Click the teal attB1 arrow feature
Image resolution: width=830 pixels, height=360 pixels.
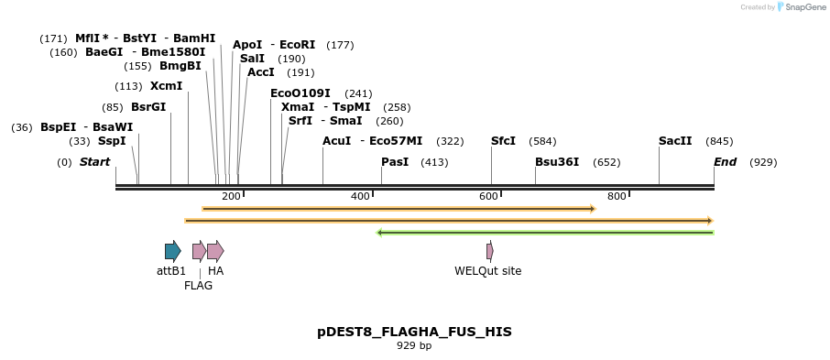(172, 251)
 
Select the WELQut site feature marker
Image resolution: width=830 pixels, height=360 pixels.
(490, 251)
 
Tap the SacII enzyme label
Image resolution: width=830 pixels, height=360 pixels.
(675, 141)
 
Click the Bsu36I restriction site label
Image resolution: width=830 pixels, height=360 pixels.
(557, 162)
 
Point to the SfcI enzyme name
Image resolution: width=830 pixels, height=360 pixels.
(503, 141)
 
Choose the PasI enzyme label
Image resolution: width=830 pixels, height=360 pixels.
(395, 162)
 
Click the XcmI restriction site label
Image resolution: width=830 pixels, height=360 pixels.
(166, 86)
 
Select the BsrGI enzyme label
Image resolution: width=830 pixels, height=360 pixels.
(148, 107)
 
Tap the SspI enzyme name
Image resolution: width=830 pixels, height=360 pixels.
(112, 141)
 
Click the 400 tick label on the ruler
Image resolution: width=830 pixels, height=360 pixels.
(360, 196)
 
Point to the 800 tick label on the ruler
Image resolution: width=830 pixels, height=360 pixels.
(617, 196)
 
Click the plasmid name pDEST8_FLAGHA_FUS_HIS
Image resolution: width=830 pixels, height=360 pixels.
(414, 332)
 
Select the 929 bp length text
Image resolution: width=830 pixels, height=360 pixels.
(414, 346)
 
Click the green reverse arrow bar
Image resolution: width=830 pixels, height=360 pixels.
(545, 233)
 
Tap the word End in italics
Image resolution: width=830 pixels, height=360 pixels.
(725, 162)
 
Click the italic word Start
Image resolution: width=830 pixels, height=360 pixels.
(94, 162)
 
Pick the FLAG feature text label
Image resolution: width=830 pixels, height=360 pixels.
(198, 286)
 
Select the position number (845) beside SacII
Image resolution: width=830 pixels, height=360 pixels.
(719, 141)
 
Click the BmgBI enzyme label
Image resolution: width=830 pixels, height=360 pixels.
(180, 66)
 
